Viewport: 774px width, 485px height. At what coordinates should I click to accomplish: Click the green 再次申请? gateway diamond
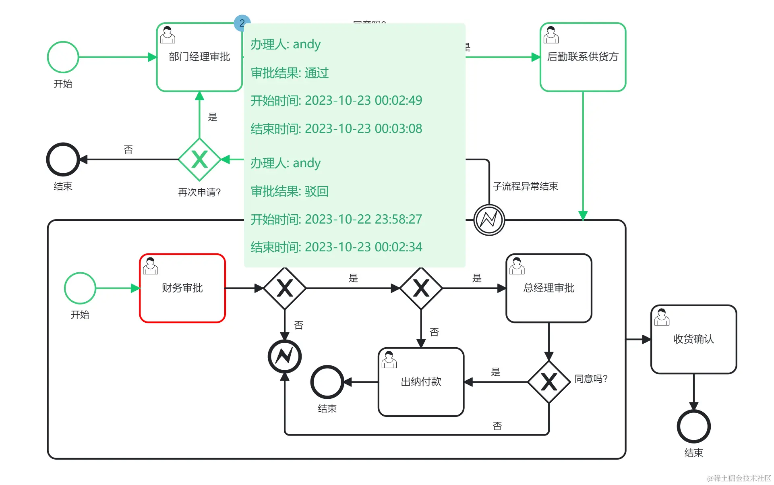click(199, 160)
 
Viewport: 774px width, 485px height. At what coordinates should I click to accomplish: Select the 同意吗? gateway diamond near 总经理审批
click(548, 381)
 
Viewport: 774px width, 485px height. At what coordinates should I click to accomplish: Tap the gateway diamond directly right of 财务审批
click(285, 288)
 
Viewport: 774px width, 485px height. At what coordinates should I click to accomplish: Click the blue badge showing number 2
click(242, 23)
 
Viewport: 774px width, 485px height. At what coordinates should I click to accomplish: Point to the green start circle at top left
click(63, 57)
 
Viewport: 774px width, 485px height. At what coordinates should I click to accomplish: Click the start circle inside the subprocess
click(80, 288)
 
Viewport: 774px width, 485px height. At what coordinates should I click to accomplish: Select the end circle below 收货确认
click(693, 426)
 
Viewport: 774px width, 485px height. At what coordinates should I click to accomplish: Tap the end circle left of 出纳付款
click(327, 381)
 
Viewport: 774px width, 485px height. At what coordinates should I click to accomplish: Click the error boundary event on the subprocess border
click(489, 220)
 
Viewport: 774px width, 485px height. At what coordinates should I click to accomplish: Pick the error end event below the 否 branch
click(285, 356)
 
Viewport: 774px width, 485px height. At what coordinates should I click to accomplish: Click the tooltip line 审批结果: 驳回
click(290, 191)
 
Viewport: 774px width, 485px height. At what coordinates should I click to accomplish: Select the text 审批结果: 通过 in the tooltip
click(290, 73)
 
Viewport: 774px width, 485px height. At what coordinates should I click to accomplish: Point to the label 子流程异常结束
click(525, 186)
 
